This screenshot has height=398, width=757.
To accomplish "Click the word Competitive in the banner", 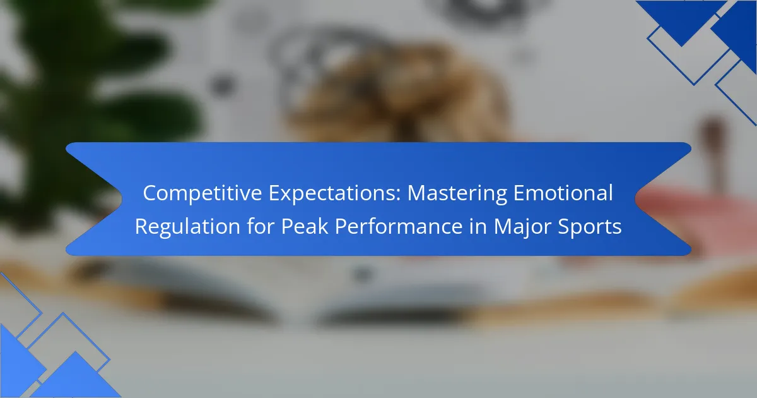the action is coord(202,193).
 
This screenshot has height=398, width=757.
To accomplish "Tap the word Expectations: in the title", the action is coord(335,193).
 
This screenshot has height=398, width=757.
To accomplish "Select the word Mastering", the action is coord(457,194).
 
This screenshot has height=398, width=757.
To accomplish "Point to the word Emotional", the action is coord(563,193).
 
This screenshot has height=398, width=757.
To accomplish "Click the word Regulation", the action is coord(187,226).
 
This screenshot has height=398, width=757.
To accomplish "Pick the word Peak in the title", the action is coord(305,226).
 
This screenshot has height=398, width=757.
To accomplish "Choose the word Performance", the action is coord(399,226).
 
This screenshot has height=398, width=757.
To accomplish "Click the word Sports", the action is coord(589,227).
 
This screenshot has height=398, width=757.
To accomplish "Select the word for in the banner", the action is coord(261,226).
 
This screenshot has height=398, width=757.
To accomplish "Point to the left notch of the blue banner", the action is coord(122,199).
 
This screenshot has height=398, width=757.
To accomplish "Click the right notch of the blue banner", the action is coord(635,199).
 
